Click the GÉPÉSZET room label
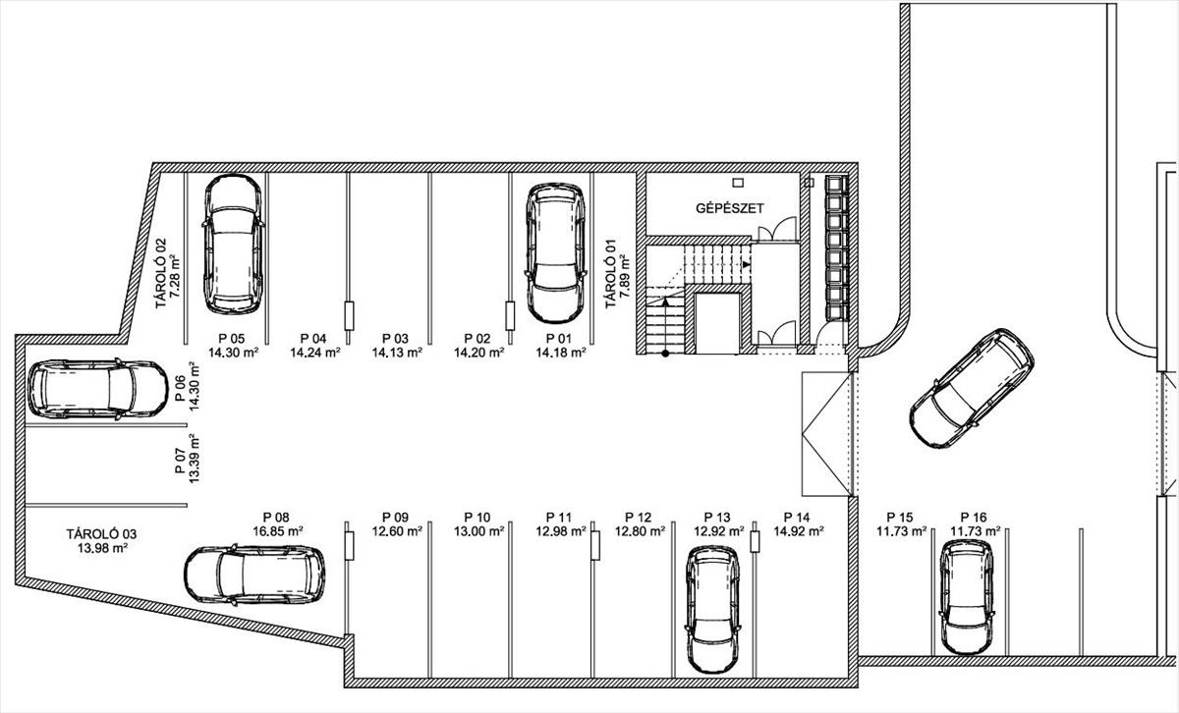(x=729, y=208)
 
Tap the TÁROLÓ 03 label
(x=101, y=534)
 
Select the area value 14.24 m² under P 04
(x=314, y=353)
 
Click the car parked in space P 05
(x=233, y=245)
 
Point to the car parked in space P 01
(x=555, y=253)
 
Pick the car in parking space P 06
(x=98, y=389)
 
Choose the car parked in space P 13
(x=713, y=609)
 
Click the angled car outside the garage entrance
(x=972, y=388)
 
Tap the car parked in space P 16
(x=967, y=596)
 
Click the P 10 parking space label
(x=477, y=518)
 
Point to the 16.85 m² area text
(x=277, y=531)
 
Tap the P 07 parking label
(x=181, y=461)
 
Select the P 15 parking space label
(x=900, y=518)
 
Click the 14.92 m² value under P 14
(x=799, y=531)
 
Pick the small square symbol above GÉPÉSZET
(x=738, y=183)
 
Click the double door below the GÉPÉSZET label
(x=777, y=230)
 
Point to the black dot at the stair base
(x=665, y=354)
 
